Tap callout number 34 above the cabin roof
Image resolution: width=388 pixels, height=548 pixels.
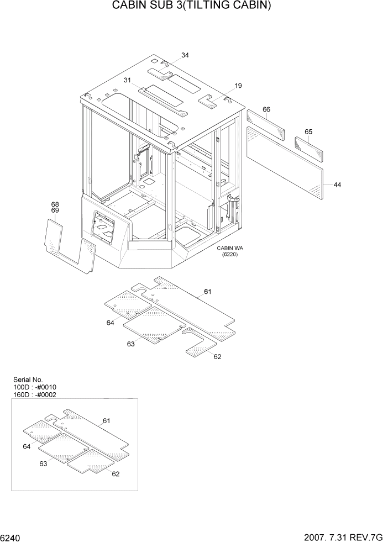pos(185,55)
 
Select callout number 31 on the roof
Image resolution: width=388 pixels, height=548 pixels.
pos(127,80)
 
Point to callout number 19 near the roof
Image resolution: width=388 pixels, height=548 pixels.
pos(238,86)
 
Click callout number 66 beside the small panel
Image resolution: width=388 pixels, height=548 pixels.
pos(266,109)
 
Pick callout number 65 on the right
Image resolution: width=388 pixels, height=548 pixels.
pos(308,131)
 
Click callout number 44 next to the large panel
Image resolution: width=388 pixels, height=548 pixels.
pos(337,185)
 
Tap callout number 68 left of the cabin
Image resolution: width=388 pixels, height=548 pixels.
pos(55,204)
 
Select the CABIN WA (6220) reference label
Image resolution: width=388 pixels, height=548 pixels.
pos(229,251)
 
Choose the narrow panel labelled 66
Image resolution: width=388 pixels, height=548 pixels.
pos(265,126)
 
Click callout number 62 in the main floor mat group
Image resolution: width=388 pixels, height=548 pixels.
pos(217,356)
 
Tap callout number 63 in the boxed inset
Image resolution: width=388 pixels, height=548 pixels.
pos(43,464)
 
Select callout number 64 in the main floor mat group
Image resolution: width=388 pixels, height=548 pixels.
pos(111,323)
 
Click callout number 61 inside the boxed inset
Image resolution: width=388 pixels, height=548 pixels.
pos(107,421)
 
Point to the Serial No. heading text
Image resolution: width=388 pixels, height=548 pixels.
pos(28,380)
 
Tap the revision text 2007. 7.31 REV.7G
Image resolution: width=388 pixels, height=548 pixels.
pos(345,538)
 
